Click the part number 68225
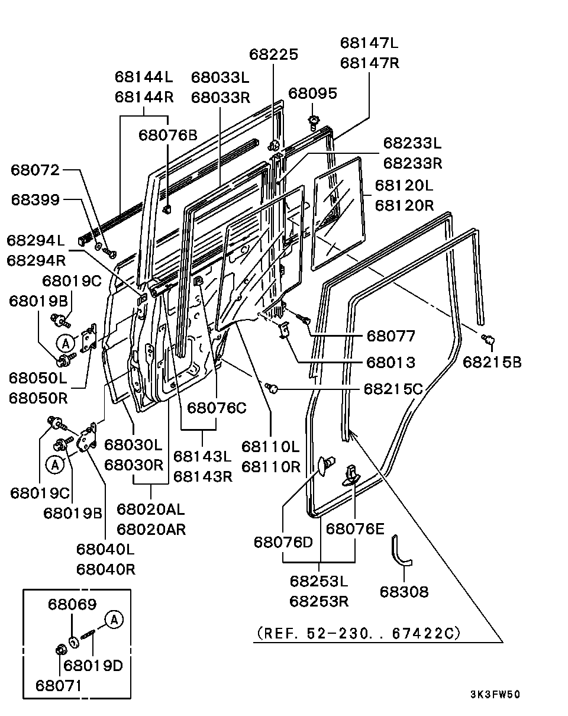(x=273, y=54)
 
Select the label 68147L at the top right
(x=370, y=43)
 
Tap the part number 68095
(x=313, y=93)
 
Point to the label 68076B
(x=168, y=135)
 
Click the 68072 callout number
(x=35, y=170)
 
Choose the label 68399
(x=35, y=199)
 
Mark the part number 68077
(x=391, y=336)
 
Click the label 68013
(x=391, y=362)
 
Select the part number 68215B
(x=492, y=362)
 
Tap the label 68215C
(x=393, y=389)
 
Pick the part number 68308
(x=404, y=591)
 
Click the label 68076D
(x=283, y=542)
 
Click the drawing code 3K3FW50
(x=495, y=695)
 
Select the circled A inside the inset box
(x=114, y=620)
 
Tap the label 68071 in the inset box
(x=59, y=685)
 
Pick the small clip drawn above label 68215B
(x=489, y=340)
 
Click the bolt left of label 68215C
(x=273, y=389)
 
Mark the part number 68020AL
(x=151, y=509)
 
